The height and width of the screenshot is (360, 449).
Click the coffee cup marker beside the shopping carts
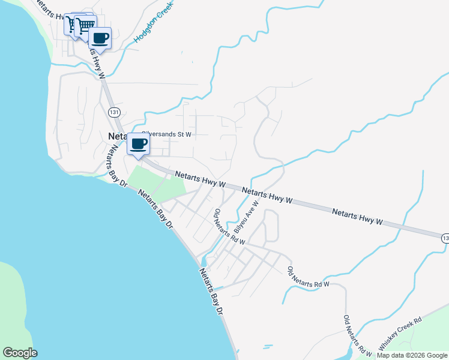[100, 38]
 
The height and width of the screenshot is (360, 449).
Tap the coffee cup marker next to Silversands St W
[139, 144]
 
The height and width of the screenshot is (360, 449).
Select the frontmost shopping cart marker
[85, 26]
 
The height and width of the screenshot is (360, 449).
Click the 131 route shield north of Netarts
[114, 112]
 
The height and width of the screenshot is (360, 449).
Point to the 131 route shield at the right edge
[445, 238]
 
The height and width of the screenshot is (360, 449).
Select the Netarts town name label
[116, 136]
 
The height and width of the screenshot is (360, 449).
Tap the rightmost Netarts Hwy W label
[357, 217]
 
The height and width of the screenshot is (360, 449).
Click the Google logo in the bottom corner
[20, 353]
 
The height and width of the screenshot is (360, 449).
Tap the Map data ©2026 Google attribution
[412, 355]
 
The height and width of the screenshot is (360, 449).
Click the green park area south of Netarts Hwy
[157, 182]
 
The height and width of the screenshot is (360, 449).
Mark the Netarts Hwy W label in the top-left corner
[50, 10]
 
